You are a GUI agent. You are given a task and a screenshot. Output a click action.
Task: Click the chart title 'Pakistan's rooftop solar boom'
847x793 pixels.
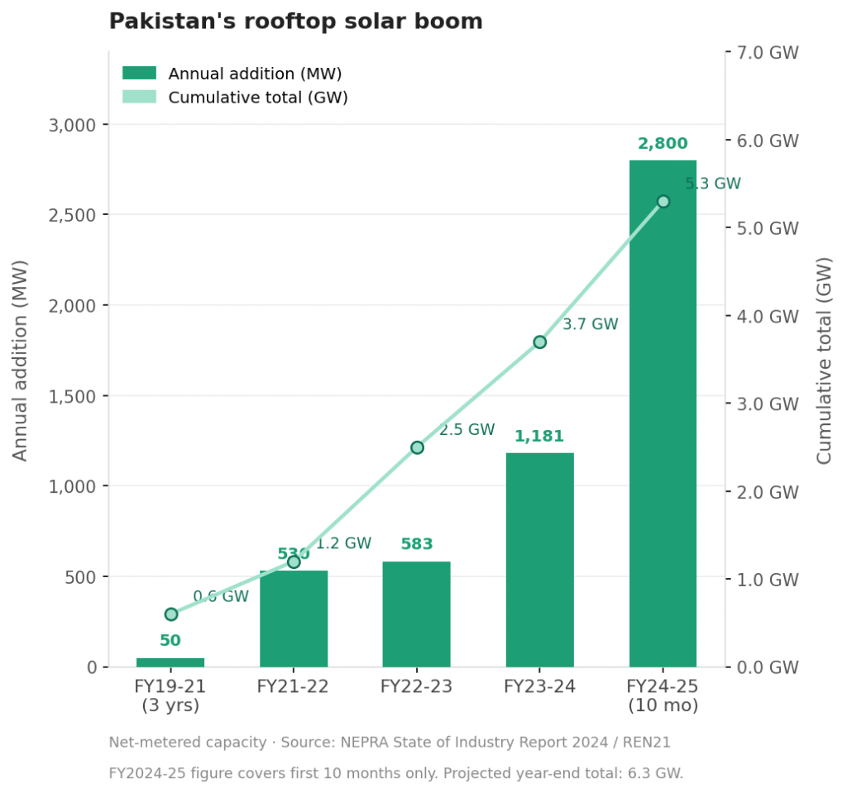tap(295, 21)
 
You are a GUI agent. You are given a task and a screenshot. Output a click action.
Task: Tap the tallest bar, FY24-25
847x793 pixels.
tap(663, 413)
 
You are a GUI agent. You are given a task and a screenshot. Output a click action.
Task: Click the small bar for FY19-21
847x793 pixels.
tap(170, 662)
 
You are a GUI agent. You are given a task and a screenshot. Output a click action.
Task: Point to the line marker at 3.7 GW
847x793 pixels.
tap(539, 342)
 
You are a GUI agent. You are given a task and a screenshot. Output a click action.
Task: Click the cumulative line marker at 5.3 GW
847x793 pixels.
tap(663, 202)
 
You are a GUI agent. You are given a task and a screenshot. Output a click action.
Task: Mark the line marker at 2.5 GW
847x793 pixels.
tap(417, 447)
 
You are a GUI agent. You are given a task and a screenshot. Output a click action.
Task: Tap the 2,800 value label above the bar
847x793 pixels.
tap(663, 144)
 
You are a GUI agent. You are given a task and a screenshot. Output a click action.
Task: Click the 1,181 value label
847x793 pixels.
tap(539, 437)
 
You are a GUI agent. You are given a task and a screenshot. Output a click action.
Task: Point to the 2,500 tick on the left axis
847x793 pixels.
tap(74, 215)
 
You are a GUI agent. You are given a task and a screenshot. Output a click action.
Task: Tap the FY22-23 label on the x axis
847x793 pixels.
tap(416, 686)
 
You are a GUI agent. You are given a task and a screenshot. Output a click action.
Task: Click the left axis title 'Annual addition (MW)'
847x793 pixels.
tap(21, 360)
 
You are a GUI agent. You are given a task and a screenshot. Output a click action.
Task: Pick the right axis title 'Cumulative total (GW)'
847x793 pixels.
tap(824, 360)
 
